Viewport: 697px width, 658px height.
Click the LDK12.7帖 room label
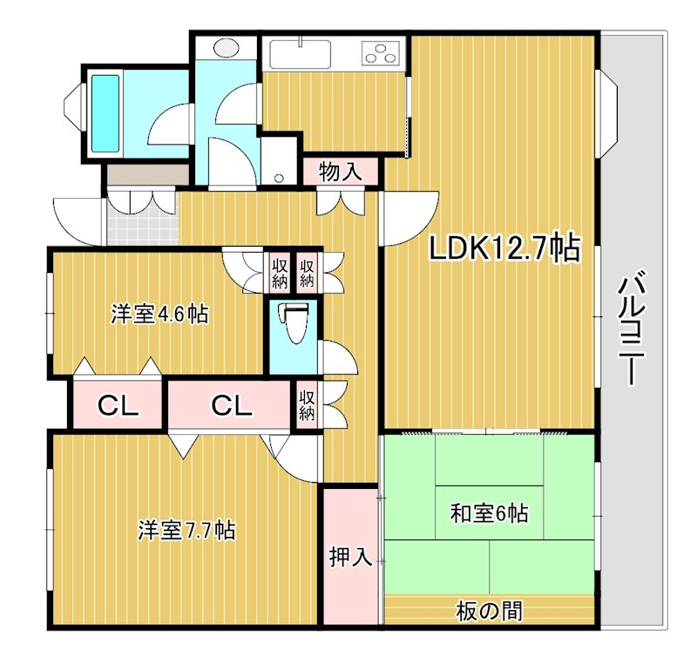click(x=504, y=249)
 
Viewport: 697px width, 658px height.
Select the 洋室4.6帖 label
click(x=159, y=314)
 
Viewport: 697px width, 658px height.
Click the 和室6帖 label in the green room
click(x=488, y=512)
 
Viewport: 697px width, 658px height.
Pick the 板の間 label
click(x=489, y=612)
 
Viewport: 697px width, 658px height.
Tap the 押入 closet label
click(x=351, y=558)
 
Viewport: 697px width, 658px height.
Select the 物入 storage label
click(x=341, y=171)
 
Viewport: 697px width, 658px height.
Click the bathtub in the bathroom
click(x=105, y=113)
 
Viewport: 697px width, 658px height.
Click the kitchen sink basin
click(x=300, y=54)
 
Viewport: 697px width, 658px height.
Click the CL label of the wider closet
click(x=229, y=405)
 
